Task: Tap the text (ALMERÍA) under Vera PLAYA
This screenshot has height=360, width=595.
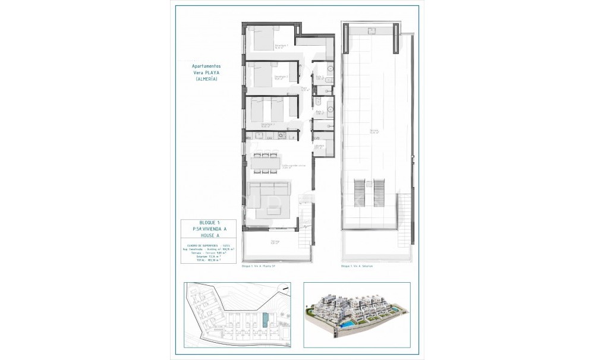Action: point(206,79)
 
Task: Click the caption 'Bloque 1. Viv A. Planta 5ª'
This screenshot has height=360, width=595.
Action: point(259,266)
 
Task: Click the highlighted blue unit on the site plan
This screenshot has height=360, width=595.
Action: point(265,320)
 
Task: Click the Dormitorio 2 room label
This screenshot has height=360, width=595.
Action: point(281,77)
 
